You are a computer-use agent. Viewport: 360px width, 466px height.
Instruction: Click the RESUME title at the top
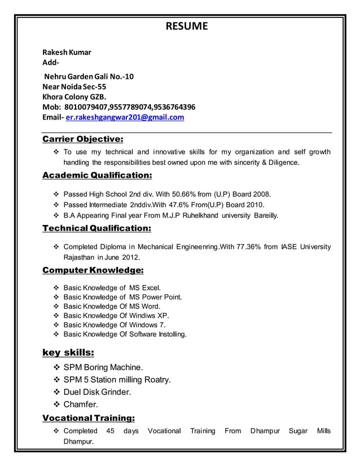tap(186, 26)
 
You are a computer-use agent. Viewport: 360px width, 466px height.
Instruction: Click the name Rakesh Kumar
tap(67, 52)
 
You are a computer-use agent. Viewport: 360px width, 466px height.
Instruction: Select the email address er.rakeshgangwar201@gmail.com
tap(125, 117)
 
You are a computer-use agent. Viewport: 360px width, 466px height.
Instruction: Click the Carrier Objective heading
tap(83, 139)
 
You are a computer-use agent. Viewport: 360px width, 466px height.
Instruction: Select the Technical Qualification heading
tap(96, 228)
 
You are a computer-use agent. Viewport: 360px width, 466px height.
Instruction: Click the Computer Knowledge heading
tap(93, 270)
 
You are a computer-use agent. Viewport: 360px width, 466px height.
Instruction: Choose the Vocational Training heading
tap(89, 417)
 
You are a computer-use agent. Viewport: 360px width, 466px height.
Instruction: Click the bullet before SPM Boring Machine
tap(56, 367)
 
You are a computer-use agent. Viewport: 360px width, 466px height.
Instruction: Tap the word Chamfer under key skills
tap(81, 404)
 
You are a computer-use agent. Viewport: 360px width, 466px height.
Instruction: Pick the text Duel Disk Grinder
tap(97, 392)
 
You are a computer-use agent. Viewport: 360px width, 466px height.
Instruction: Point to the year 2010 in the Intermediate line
tap(255, 204)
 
